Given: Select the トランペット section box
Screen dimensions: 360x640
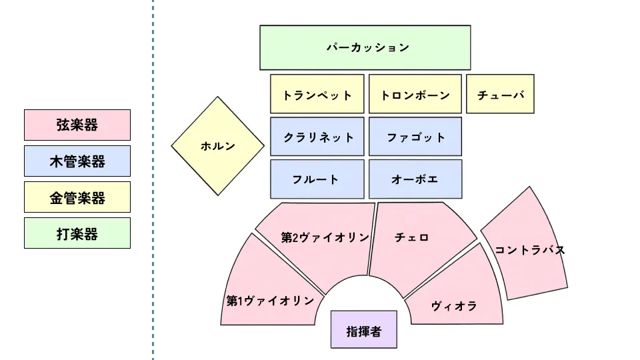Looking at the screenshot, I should pyautogui.click(x=317, y=94).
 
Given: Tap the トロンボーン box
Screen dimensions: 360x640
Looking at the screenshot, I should pyautogui.click(x=415, y=94).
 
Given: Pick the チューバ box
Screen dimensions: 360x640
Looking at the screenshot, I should pyautogui.click(x=500, y=94).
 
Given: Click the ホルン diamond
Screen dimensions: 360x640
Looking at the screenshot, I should pyautogui.click(x=217, y=146).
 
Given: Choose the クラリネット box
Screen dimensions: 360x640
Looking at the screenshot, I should pyautogui.click(x=317, y=137).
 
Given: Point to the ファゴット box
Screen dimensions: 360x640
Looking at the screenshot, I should pyautogui.click(x=415, y=137).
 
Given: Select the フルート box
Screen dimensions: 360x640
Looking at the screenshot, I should pyautogui.click(x=317, y=179).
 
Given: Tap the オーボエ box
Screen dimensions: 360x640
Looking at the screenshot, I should pyautogui.click(x=415, y=179).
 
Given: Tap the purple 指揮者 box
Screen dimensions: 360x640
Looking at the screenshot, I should pyautogui.click(x=363, y=330).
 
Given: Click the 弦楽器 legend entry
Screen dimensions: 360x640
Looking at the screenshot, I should pyautogui.click(x=77, y=125).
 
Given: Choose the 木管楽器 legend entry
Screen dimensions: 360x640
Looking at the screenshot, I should pyautogui.click(x=77, y=161).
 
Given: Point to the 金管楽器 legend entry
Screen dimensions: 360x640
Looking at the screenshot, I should pyautogui.click(x=77, y=197).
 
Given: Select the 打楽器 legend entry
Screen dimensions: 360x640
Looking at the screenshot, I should pyautogui.click(x=77, y=233).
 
